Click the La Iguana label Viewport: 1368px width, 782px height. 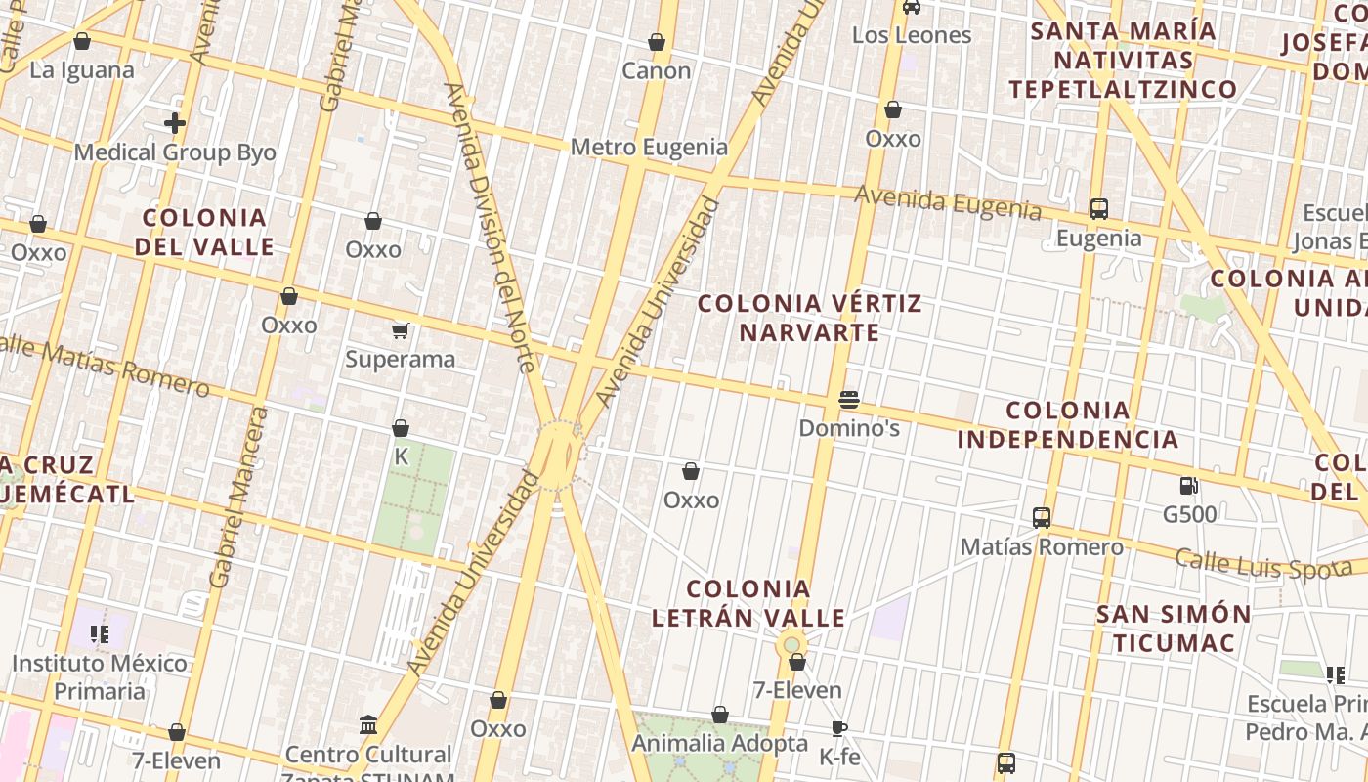click(x=81, y=70)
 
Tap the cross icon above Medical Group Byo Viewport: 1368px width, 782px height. click(x=175, y=123)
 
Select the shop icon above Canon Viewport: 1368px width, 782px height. click(x=657, y=42)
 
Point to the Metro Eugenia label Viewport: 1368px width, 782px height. click(x=649, y=148)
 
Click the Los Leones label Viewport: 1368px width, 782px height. click(x=912, y=35)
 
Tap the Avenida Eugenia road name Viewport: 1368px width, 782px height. click(x=948, y=202)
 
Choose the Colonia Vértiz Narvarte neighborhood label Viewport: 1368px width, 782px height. click(x=809, y=318)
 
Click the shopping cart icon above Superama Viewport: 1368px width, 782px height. click(x=400, y=330)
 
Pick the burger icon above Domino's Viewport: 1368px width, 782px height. click(x=848, y=400)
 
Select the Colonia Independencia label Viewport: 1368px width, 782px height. click(x=1067, y=424)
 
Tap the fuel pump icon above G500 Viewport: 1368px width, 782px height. click(x=1189, y=486)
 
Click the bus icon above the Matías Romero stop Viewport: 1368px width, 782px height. click(x=1042, y=518)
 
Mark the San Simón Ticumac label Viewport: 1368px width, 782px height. click(x=1174, y=629)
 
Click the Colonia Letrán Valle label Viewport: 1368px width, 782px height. click(x=748, y=603)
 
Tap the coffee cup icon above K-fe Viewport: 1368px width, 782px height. click(x=838, y=728)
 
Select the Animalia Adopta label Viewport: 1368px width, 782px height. click(x=720, y=743)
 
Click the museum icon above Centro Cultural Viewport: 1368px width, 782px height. click(x=368, y=725)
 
